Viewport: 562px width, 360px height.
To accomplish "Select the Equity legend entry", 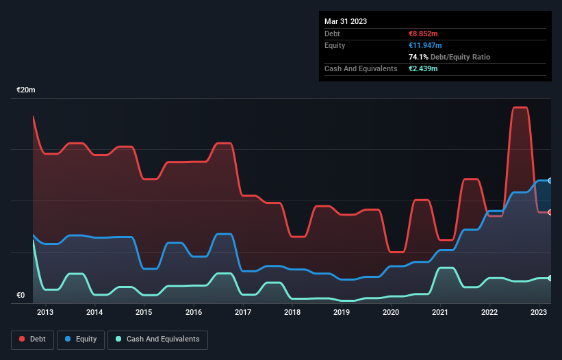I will (x=81, y=339).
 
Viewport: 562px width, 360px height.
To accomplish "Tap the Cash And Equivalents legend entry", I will (x=157, y=339).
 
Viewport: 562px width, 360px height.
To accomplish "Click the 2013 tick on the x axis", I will (x=45, y=313).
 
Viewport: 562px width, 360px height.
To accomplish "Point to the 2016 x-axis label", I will (x=194, y=313).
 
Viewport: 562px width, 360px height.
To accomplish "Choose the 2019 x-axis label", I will (x=342, y=313).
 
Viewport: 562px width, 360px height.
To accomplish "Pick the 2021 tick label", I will (x=440, y=313).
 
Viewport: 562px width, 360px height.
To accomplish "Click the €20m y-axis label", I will (x=26, y=90).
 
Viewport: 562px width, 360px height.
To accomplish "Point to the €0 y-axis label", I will (x=21, y=296).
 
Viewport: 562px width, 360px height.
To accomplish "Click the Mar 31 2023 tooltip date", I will (x=346, y=21).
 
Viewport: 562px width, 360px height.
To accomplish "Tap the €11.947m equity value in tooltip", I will (x=427, y=45).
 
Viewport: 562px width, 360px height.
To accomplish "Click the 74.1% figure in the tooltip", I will (x=418, y=57).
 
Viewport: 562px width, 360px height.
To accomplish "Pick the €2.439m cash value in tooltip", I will (x=423, y=68).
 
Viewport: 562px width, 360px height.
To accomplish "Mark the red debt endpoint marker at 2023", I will (x=550, y=212).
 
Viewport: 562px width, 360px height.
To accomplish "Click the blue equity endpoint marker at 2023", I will (x=550, y=180).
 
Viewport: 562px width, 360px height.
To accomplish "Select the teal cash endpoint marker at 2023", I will (x=550, y=278).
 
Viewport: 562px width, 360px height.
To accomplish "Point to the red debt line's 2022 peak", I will (x=520, y=107).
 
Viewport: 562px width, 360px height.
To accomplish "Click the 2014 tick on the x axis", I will (x=94, y=313).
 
